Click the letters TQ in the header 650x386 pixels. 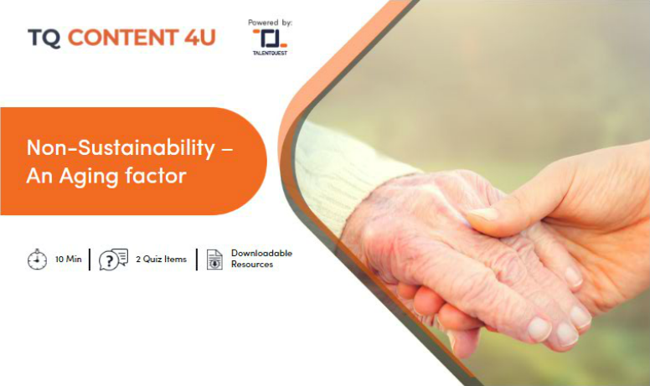click(44, 39)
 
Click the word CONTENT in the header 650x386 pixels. click(123, 38)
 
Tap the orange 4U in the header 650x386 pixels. click(200, 38)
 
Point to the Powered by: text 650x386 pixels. click(270, 23)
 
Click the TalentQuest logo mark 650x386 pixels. click(271, 39)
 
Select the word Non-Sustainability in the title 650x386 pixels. click(121, 147)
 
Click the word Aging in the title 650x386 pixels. click(88, 177)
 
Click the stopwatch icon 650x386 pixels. click(38, 260)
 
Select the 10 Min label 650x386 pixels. click(69, 260)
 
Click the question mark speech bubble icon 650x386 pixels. click(113, 260)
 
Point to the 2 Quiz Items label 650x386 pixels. click(162, 260)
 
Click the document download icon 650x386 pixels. click(214, 260)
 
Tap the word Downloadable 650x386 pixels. click(261, 253)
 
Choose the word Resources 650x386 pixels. click(252, 265)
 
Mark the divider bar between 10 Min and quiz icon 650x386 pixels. click(90, 260)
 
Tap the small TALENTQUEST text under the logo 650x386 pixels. click(270, 53)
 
